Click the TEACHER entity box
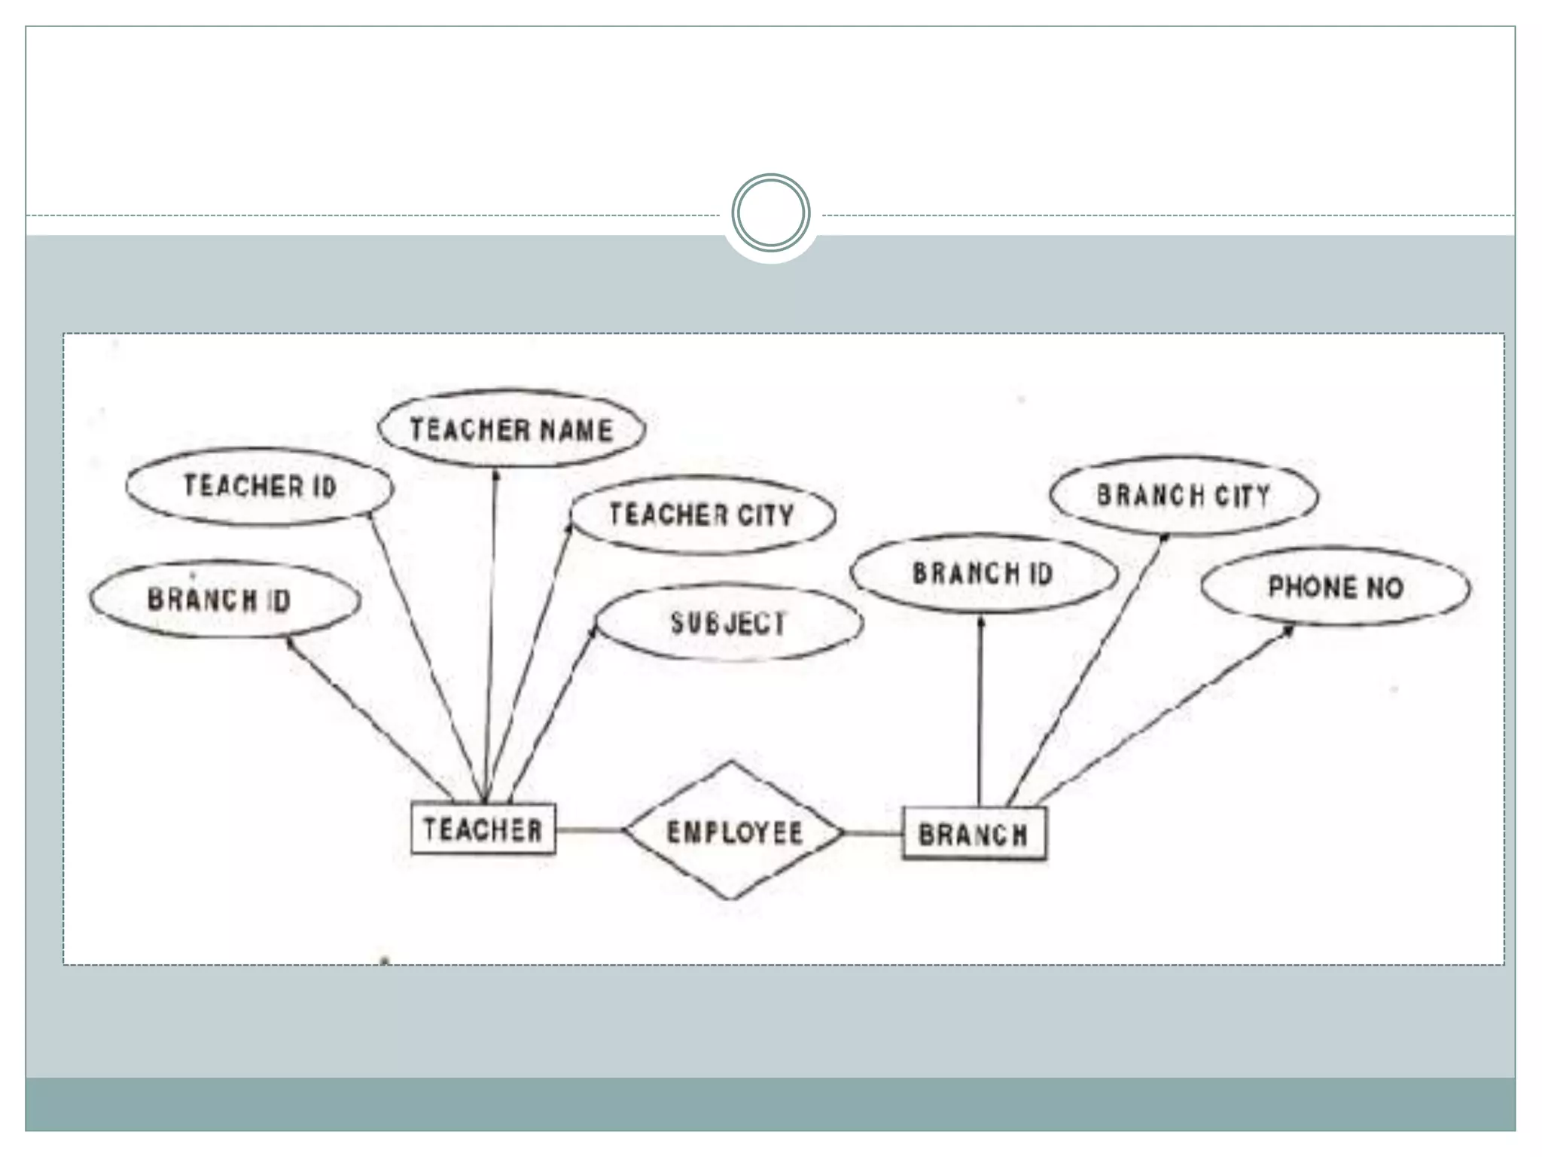pyautogui.click(x=483, y=829)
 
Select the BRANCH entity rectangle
pyautogui.click(x=974, y=833)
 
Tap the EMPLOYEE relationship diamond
pyautogui.click(x=733, y=832)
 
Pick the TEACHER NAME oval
pyautogui.click(x=511, y=429)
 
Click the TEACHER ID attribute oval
pyautogui.click(x=259, y=487)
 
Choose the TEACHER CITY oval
pyautogui.click(x=702, y=515)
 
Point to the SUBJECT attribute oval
pyautogui.click(x=728, y=623)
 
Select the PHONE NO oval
pyautogui.click(x=1335, y=588)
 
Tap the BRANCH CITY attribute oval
pyautogui.click(x=1183, y=496)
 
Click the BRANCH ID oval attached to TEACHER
pyautogui.click(x=224, y=600)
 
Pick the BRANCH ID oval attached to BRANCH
pyautogui.click(x=983, y=574)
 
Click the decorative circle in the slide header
pyautogui.click(x=770, y=213)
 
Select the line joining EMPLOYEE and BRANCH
pyautogui.click(x=873, y=832)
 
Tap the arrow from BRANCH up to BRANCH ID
pyautogui.click(x=980, y=708)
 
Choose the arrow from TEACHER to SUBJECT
pyautogui.click(x=552, y=716)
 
